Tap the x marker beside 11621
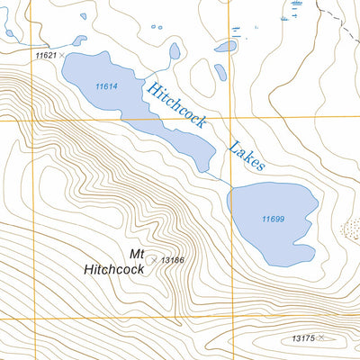62,56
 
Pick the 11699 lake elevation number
274,220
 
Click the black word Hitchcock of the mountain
114,268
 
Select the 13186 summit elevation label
173,260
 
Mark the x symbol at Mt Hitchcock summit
153,259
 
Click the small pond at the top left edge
8,33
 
